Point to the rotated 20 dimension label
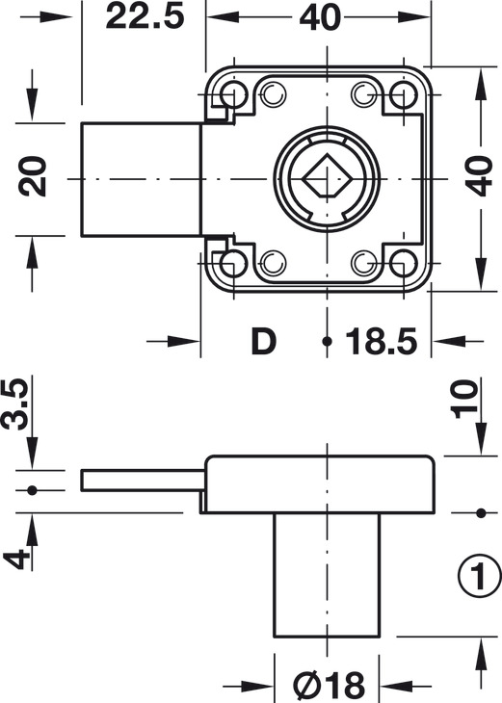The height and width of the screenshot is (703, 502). click(x=34, y=178)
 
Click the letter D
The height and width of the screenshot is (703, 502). click(x=262, y=342)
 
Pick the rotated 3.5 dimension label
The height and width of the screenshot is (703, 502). click(x=15, y=404)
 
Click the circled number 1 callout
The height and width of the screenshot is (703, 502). click(x=478, y=578)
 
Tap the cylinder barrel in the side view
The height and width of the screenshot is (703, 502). click(x=327, y=575)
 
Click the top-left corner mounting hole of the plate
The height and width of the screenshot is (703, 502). click(x=232, y=93)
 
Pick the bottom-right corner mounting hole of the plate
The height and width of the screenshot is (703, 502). click(x=402, y=262)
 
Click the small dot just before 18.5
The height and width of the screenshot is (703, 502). click(x=328, y=342)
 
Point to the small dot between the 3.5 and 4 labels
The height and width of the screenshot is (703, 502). click(x=32, y=490)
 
